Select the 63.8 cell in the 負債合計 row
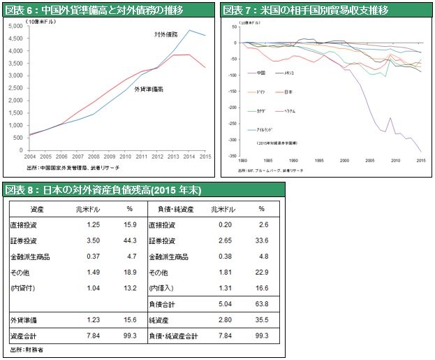coord(263,304)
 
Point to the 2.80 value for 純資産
coord(225,319)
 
